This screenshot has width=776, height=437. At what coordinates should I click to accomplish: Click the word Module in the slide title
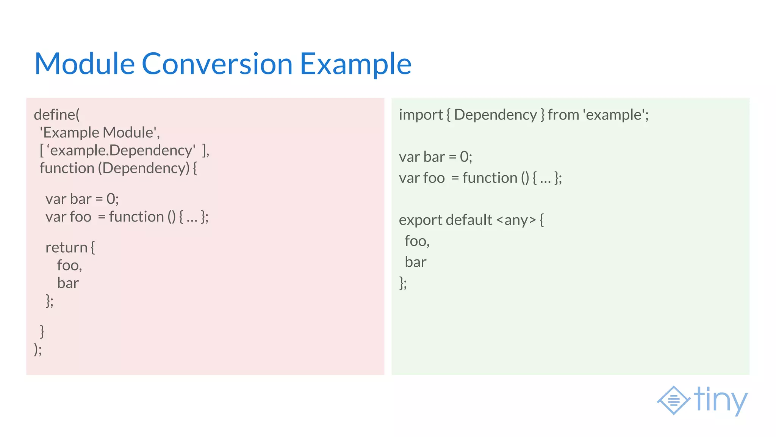(84, 64)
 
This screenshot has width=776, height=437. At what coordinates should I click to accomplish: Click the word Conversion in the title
(217, 64)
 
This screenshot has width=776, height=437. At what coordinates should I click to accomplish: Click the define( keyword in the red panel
(57, 115)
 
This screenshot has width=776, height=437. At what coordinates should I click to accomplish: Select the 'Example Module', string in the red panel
(100, 132)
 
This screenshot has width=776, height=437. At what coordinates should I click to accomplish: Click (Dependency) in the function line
(144, 168)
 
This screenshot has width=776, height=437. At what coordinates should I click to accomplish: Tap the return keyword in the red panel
(66, 247)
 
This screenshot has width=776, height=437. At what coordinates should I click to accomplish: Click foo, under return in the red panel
(69, 265)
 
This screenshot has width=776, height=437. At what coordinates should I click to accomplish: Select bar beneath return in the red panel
(68, 283)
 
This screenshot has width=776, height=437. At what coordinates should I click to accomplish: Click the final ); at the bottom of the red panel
(38, 349)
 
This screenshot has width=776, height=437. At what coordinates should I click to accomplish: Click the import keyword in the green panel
(421, 115)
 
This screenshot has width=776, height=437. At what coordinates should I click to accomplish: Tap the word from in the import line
(563, 115)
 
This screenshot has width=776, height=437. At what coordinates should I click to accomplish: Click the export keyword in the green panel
(420, 220)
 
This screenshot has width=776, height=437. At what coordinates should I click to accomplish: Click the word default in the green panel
(469, 220)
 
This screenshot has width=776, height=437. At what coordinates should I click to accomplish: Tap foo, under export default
(417, 241)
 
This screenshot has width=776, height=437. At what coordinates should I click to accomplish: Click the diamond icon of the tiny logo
(673, 400)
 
